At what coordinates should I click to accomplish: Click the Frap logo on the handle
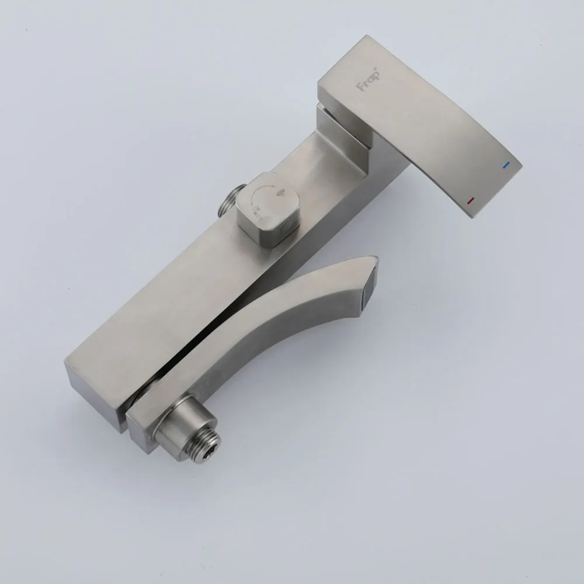tap(369, 79)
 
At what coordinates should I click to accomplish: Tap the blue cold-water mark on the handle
tap(506, 165)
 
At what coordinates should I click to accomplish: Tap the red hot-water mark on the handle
tap(470, 201)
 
